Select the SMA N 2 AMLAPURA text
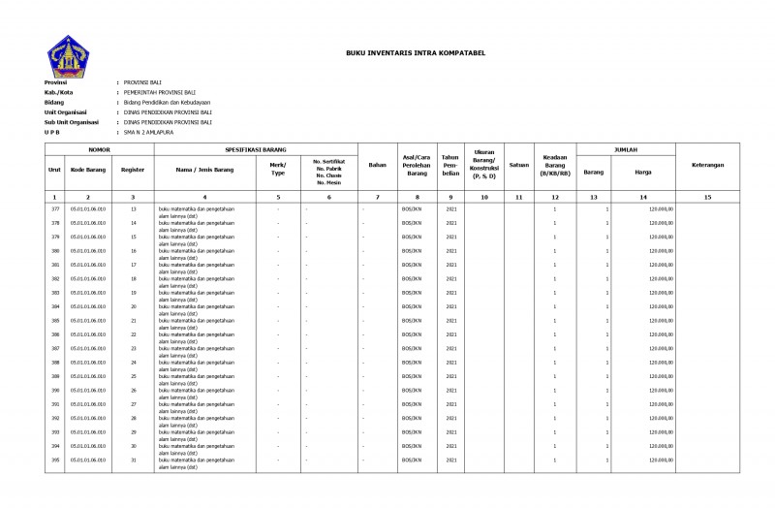point(147,133)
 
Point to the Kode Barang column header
point(88,170)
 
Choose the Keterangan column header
point(707,166)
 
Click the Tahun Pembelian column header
point(449,166)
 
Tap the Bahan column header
point(378,166)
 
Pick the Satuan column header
point(518,166)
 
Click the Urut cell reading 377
point(55,209)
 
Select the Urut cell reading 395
point(55,460)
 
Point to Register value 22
point(133,334)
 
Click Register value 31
point(133,460)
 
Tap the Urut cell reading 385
point(55,321)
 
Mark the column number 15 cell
point(707,197)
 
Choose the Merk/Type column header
point(277,170)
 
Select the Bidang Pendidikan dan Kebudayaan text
point(167,102)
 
